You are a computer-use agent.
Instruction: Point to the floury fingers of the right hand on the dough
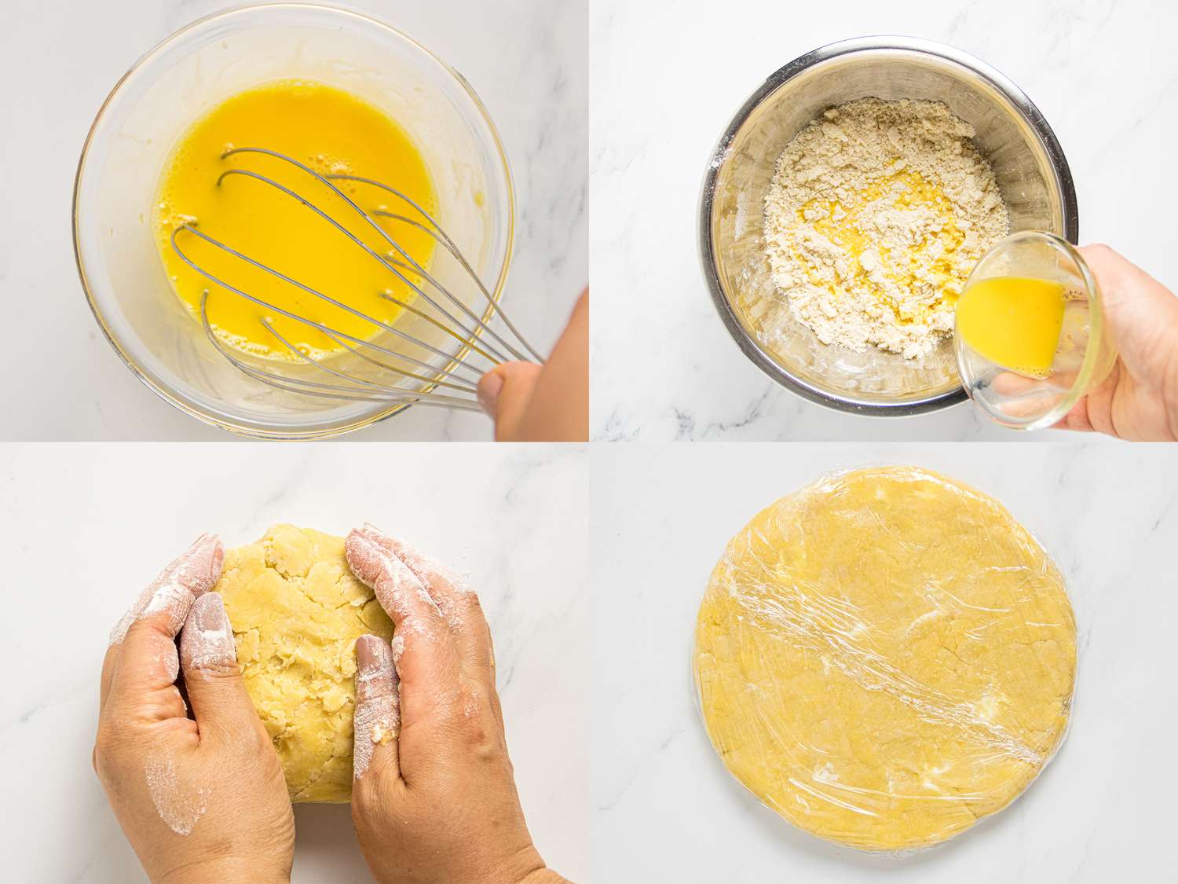click(393, 566)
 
